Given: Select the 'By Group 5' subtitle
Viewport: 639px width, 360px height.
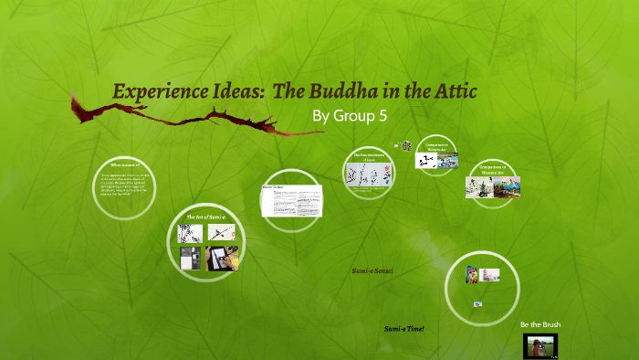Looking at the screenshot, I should [351, 116].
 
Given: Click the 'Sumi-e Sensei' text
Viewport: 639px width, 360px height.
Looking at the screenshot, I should [372, 271].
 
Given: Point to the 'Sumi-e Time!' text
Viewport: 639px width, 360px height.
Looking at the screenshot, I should [404, 327].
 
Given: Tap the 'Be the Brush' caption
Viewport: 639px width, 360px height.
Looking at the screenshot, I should [540, 325].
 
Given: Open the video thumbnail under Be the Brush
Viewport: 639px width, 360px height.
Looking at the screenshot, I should [540, 345].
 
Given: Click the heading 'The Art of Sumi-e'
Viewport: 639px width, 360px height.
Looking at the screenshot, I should [205, 217].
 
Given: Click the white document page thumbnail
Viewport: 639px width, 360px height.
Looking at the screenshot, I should [291, 200].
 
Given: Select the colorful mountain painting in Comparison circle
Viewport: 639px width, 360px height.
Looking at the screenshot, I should [507, 186].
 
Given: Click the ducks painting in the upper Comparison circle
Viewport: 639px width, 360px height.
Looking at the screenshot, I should [447, 161].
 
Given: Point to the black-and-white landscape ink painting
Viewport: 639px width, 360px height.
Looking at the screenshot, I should [477, 186].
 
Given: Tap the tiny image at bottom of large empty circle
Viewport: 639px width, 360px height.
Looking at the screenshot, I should [477, 303].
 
